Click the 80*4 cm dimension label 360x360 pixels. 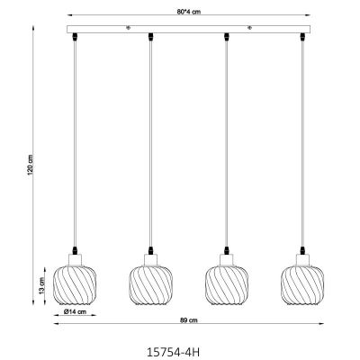pyautogui.click(x=190, y=12)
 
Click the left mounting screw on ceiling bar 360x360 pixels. pyautogui.click(x=129, y=27)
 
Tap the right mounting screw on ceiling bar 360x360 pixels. pyautogui.click(x=249, y=27)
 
